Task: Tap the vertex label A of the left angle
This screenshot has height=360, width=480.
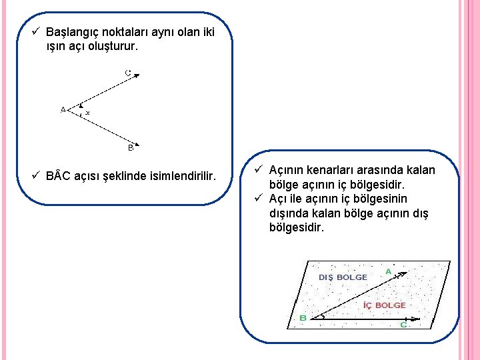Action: [63, 109]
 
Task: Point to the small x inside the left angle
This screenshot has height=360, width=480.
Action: [87, 112]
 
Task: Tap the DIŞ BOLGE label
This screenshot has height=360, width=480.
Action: [343, 277]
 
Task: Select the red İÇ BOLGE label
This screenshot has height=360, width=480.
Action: [384, 305]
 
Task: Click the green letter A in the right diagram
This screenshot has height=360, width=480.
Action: [388, 271]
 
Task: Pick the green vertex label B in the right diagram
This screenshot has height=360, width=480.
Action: [303, 318]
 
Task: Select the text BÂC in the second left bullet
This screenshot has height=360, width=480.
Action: [59, 176]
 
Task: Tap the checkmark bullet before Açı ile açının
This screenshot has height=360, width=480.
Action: [258, 199]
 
